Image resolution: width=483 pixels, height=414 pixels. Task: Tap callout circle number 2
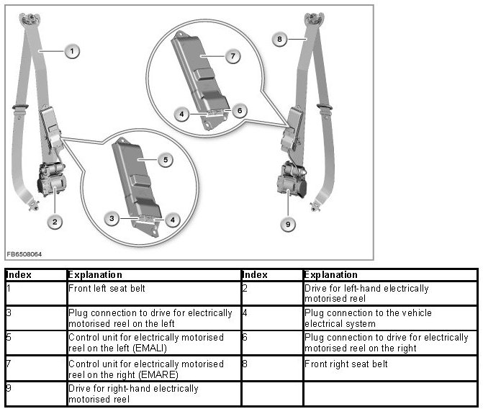[54, 221]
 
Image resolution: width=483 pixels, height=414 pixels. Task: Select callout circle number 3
[112, 217]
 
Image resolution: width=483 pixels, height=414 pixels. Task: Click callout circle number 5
[166, 160]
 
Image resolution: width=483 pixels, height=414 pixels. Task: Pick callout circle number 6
[240, 111]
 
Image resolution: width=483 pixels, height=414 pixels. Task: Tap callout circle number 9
[288, 225]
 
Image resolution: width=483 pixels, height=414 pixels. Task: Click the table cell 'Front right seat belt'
[346, 364]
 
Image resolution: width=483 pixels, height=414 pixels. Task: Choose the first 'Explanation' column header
[95, 275]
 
